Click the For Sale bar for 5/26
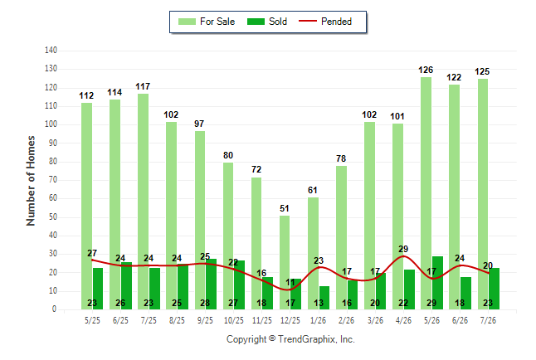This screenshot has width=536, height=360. pos(426,193)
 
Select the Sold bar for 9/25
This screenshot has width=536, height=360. pos(211,285)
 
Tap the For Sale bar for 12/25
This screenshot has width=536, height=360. pos(285,263)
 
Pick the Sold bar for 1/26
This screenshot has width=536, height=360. pos(324,298)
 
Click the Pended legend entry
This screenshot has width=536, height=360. pos(325,22)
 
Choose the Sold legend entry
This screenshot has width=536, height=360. pos(267,22)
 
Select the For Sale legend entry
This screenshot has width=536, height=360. pos(207,22)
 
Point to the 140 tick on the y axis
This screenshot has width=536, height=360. pos(51,51)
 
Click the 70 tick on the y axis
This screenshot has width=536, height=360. pos(52,179)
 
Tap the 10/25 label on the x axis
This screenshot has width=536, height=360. pos(234,320)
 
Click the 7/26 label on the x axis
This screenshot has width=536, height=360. pos(488,320)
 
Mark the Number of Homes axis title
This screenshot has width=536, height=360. pos(31,181)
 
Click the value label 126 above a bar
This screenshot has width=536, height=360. pos(426,70)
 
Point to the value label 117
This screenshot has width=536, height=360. pos(143,86)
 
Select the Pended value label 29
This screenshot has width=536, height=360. pos(403,249)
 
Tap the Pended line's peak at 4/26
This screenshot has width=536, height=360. pos(404,256)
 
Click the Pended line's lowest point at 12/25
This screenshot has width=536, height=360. pos(288,290)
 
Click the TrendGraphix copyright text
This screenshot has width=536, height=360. pos(290,339)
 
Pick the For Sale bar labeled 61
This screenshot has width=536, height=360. pos(313,253)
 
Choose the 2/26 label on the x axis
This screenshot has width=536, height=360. pos(346,320)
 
